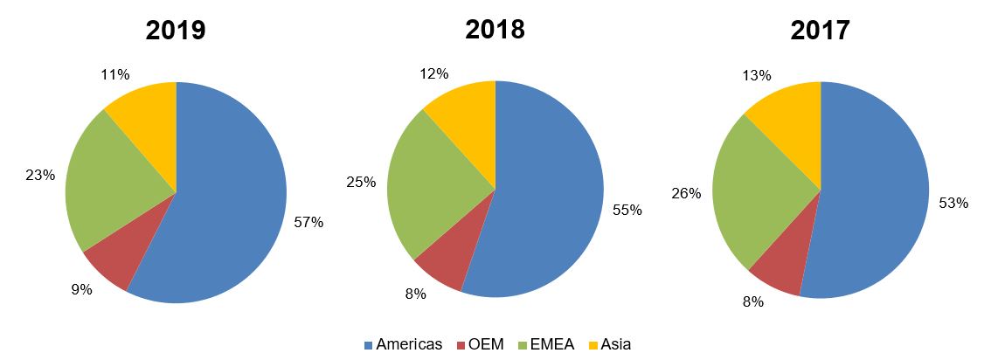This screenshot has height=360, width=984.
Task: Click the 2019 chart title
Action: click(176, 30)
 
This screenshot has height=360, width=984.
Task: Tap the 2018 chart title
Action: click(495, 28)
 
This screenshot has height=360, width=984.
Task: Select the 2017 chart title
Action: click(820, 30)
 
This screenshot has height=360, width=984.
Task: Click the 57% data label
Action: click(308, 223)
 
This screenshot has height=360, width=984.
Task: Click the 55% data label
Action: click(627, 210)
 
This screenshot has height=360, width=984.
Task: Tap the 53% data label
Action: click(953, 203)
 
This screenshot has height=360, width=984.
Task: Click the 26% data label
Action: click(686, 193)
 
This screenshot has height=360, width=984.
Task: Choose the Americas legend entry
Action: click(403, 344)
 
